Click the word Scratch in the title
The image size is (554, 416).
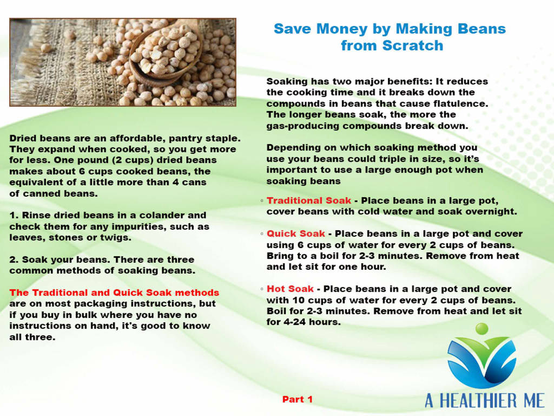[x=413, y=45]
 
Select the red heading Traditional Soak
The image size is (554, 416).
[x=309, y=200]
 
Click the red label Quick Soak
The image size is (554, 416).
[x=296, y=234]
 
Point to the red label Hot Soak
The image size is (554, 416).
[x=290, y=289]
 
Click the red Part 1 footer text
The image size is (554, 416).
[x=298, y=399]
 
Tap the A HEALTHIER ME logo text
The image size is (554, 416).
[x=484, y=401]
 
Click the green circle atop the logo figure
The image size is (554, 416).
[x=482, y=329]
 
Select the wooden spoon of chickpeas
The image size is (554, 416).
[x=166, y=53]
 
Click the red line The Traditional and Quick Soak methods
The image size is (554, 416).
[x=114, y=293]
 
